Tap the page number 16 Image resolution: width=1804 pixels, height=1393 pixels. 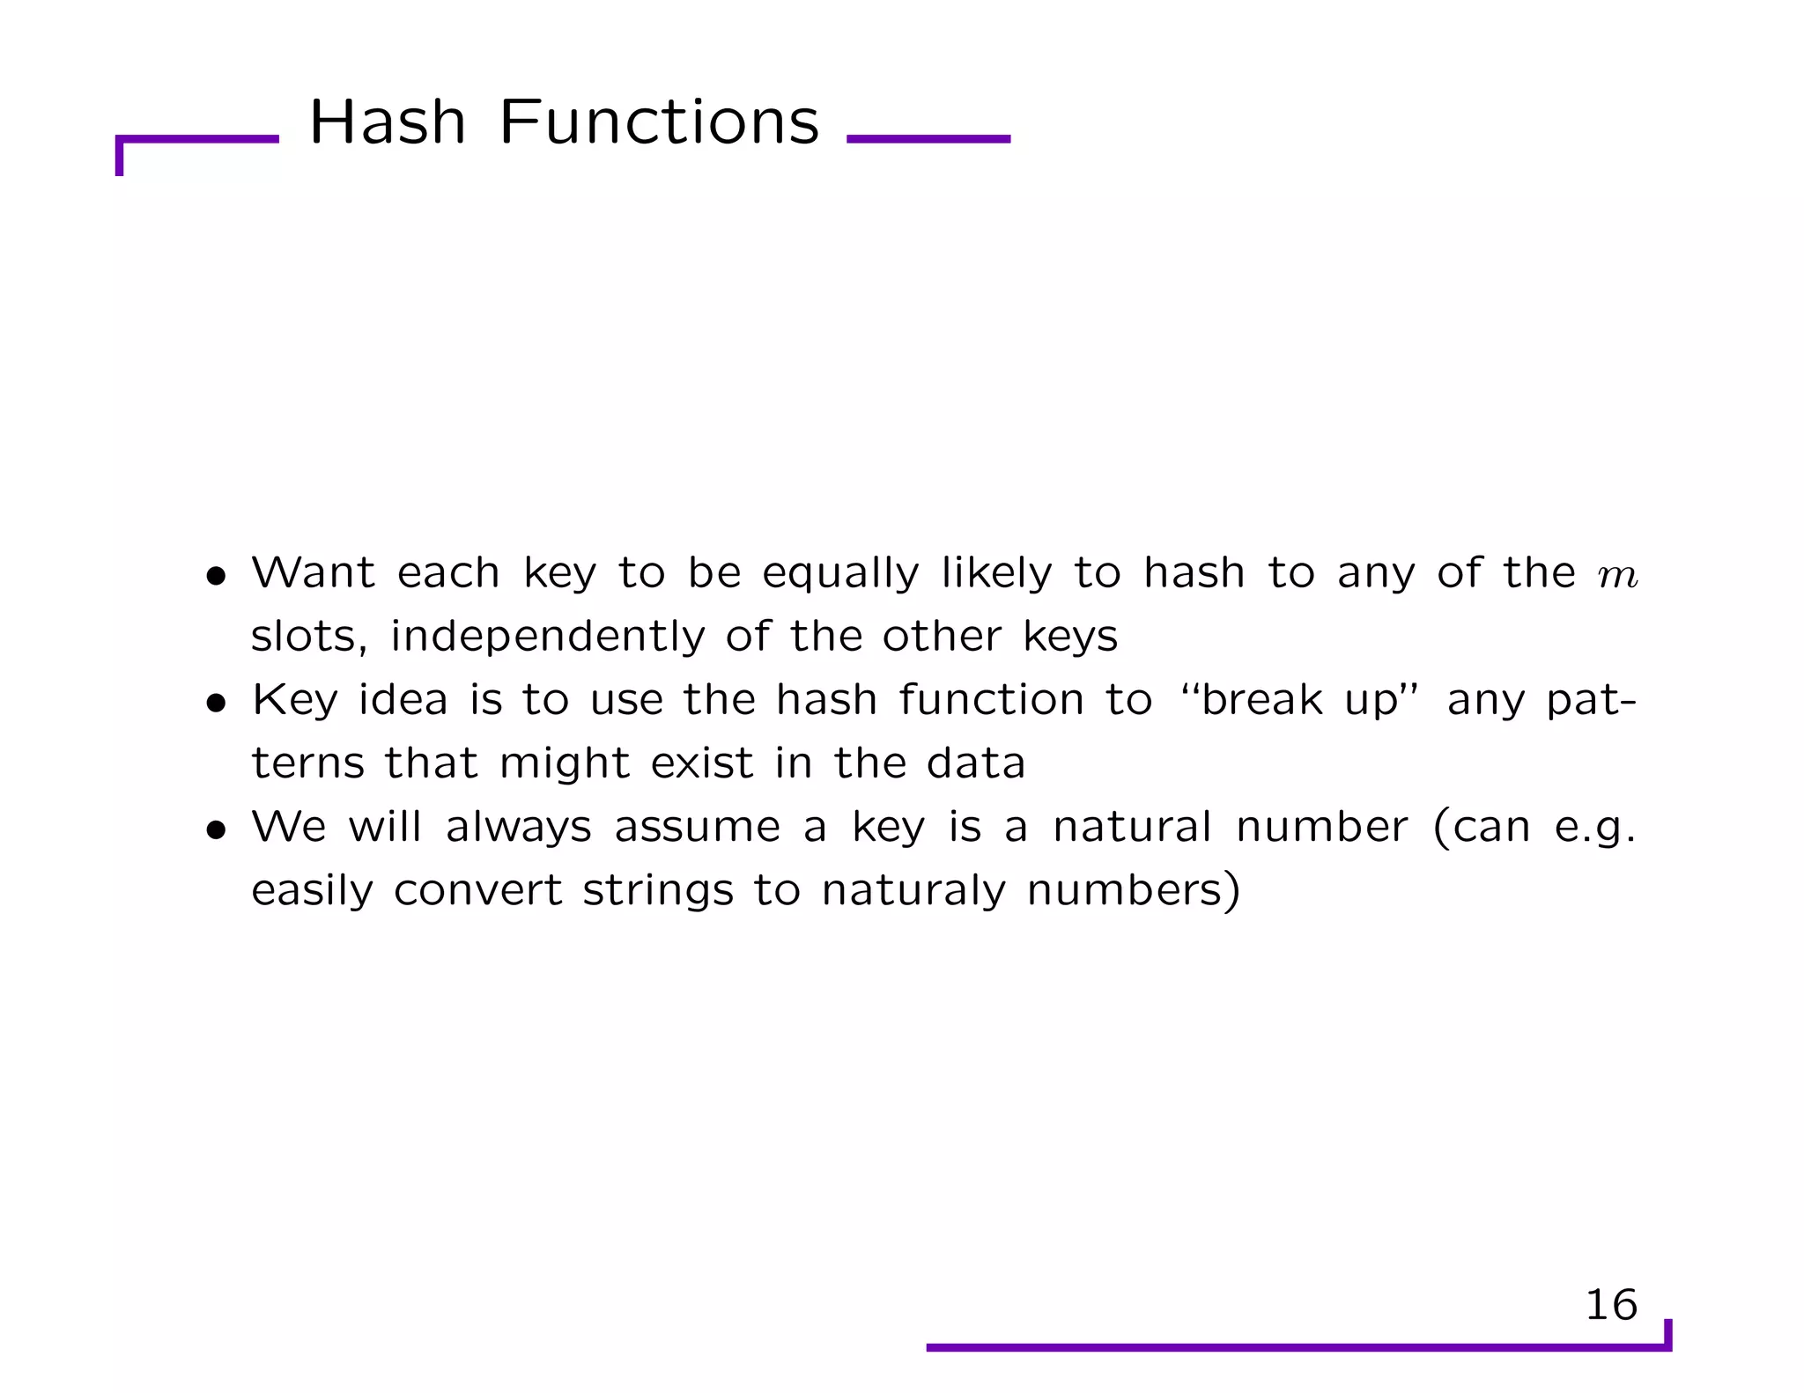(x=1610, y=1304)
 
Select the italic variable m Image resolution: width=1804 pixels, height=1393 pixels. (x=1617, y=576)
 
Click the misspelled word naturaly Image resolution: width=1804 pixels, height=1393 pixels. (x=913, y=890)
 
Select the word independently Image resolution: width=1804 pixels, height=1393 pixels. (x=547, y=637)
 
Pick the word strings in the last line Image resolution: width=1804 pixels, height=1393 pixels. (x=657, y=890)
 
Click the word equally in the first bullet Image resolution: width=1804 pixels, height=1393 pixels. (x=840, y=574)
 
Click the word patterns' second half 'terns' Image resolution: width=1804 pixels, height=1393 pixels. (x=307, y=763)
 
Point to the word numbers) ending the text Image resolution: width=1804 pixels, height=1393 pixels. (x=1134, y=890)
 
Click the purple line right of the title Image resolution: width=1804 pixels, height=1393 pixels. (x=928, y=138)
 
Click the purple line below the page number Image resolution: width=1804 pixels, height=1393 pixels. (x=1295, y=1347)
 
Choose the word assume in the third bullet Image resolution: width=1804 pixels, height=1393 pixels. (x=697, y=828)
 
